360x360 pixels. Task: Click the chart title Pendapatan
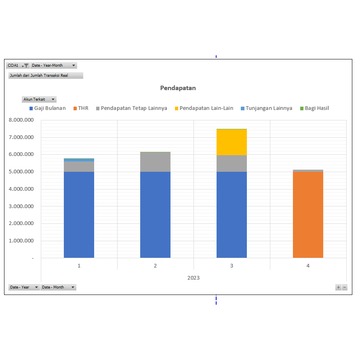pos(178,88)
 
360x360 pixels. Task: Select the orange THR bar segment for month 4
pos(308,214)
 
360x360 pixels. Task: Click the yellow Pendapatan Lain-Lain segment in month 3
pos(232,142)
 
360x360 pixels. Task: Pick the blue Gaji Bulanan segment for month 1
pos(79,214)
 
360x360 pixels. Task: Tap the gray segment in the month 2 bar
pos(155,162)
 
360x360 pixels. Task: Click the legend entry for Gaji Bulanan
pos(47,108)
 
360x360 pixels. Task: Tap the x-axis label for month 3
pos(232,266)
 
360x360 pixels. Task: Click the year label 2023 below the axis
pos(194,278)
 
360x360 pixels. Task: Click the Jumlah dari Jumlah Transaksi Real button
pos(46,76)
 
